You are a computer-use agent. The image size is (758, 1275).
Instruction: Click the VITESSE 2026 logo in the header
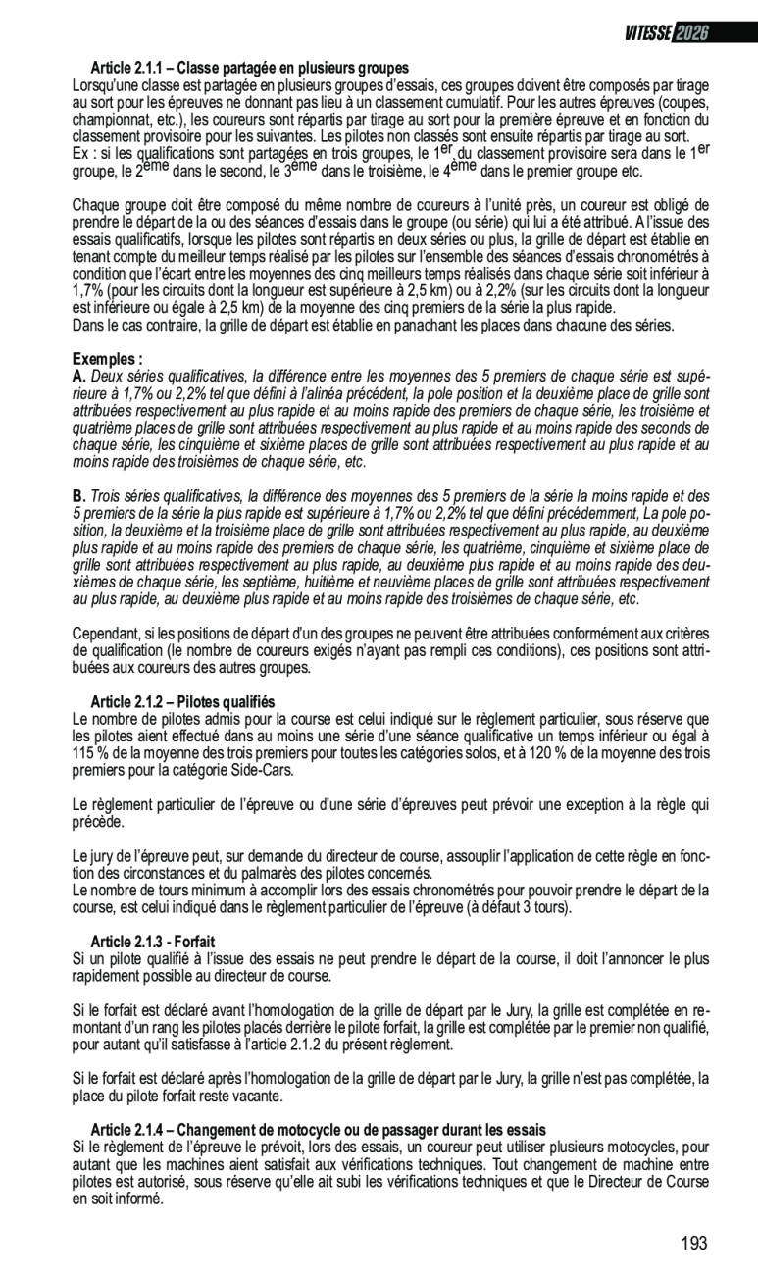tap(667, 32)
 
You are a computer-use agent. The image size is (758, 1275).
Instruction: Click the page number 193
tap(693, 1244)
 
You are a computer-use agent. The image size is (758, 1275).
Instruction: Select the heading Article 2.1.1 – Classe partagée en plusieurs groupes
tap(249, 69)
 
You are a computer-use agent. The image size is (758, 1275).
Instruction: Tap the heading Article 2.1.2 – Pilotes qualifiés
tap(182, 702)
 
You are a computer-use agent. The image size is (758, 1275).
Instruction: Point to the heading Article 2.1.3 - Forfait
tap(152, 942)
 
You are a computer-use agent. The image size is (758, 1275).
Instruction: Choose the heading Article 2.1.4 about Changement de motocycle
tap(318, 1130)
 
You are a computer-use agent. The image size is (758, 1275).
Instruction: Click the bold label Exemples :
tap(108, 359)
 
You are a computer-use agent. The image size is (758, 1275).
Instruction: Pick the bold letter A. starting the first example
tap(79, 376)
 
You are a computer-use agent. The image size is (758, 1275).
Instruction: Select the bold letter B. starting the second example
tap(79, 496)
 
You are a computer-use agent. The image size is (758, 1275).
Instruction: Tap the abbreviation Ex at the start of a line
tap(80, 154)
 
